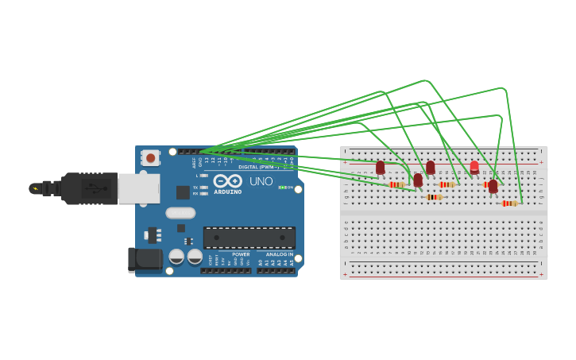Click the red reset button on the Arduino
[150, 158]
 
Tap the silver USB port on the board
[138, 188]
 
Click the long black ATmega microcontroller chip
[249, 237]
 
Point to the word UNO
[261, 181]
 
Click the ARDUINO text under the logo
[228, 192]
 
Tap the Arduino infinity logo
[228, 180]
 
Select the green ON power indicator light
[280, 188]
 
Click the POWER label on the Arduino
[241, 254]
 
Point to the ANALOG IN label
[279, 254]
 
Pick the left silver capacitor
[176, 256]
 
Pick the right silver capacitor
[195, 256]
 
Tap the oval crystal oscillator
[180, 212]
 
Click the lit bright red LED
[474, 167]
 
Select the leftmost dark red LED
[381, 167]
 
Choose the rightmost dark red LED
[493, 186]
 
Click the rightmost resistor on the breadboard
[510, 203]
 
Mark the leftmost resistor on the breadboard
[397, 185]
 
